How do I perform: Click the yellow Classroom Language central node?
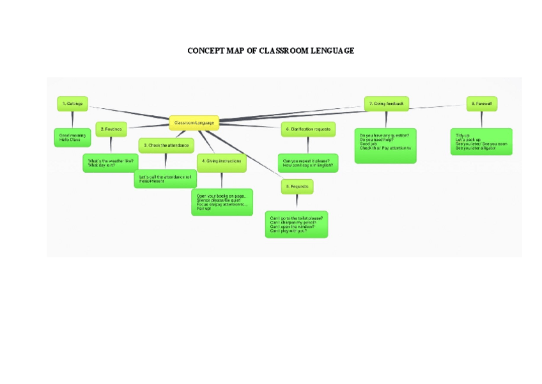[x=194, y=123]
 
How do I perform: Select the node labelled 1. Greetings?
[x=73, y=104]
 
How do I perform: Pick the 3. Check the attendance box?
[x=166, y=146]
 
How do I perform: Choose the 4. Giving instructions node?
[x=221, y=161]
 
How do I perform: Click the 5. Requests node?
[x=297, y=186]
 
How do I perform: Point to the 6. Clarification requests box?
[x=308, y=129]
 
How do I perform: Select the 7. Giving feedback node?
[x=386, y=104]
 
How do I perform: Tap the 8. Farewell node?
[x=481, y=104]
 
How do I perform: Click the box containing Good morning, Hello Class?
[x=74, y=137]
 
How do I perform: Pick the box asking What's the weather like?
[x=110, y=163]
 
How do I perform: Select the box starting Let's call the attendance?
[x=165, y=179]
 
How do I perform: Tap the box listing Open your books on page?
[x=222, y=202]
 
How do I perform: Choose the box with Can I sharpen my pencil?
[x=297, y=224]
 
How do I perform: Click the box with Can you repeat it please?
[x=308, y=163]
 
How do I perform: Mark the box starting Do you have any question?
[x=385, y=145]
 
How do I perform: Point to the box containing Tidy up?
[x=481, y=141]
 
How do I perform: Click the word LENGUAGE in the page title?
[x=332, y=51]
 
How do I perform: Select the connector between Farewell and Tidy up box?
[x=481, y=120]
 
